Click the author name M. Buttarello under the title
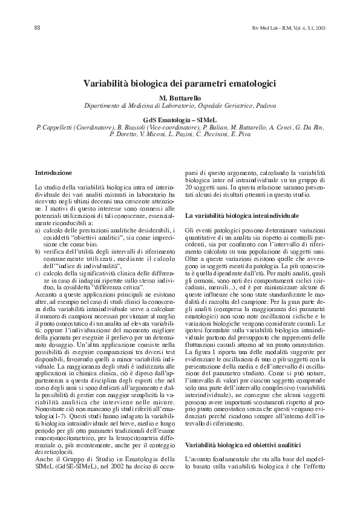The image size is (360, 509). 179,97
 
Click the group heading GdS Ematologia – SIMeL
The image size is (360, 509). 179,120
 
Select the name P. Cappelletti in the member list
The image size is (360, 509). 58,128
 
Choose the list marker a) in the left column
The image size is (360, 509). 38,231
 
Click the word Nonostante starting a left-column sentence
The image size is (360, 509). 50,412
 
